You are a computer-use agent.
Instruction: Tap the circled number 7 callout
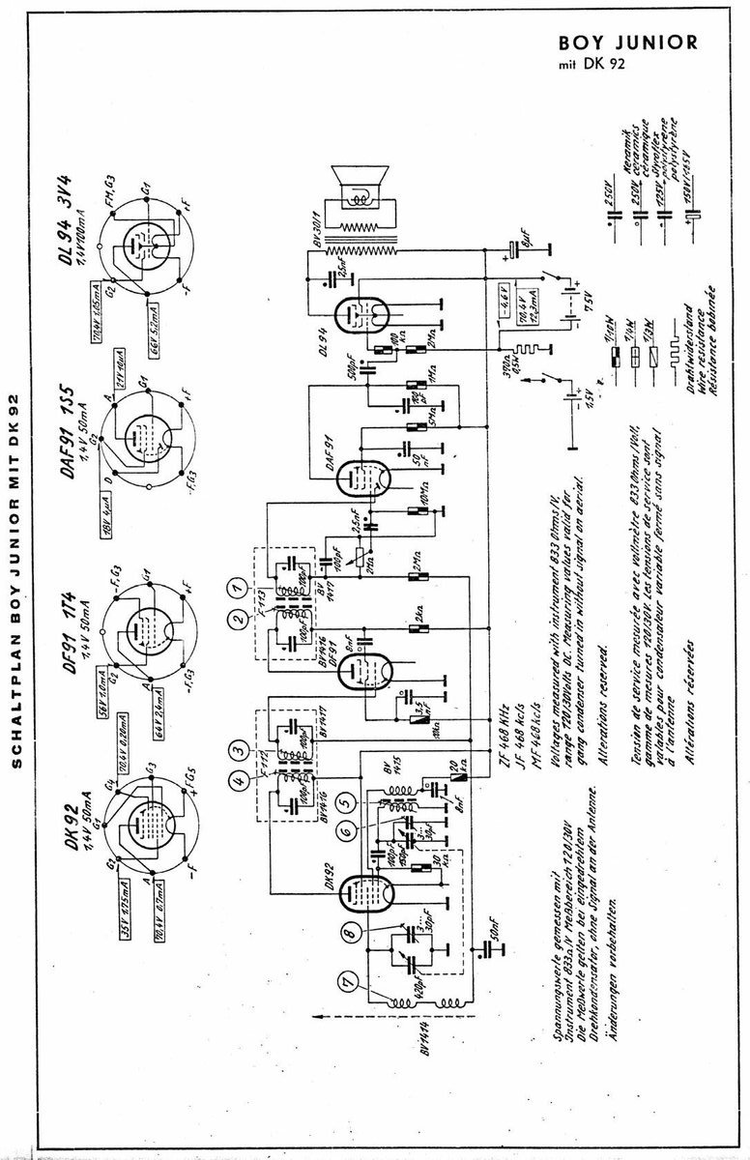click(x=348, y=984)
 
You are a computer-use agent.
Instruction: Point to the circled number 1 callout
click(x=233, y=586)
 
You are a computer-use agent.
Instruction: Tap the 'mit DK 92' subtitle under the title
click(x=591, y=67)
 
